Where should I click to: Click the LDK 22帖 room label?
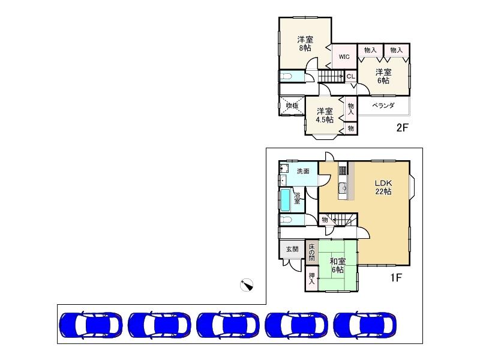(x=383, y=187)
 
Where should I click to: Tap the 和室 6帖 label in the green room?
(x=338, y=265)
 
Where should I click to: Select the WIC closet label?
(x=344, y=56)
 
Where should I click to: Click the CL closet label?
(x=351, y=76)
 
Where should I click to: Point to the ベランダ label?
(x=383, y=106)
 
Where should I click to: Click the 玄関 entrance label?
(x=292, y=249)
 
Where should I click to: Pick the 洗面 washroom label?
(x=303, y=171)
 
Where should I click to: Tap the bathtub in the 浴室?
(x=286, y=200)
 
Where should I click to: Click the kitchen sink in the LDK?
(x=342, y=188)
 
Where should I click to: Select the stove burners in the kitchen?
(x=343, y=170)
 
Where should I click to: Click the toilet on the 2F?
(x=286, y=76)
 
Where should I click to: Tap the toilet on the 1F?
(x=286, y=220)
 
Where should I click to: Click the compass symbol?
(x=247, y=285)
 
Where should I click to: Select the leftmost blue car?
(x=91, y=325)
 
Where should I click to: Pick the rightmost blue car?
(x=365, y=325)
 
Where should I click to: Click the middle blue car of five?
(x=228, y=325)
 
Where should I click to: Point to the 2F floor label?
(x=403, y=127)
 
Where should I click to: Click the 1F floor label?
(x=395, y=278)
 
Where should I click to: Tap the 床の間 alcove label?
(x=311, y=252)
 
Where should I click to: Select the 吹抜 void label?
(x=292, y=106)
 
